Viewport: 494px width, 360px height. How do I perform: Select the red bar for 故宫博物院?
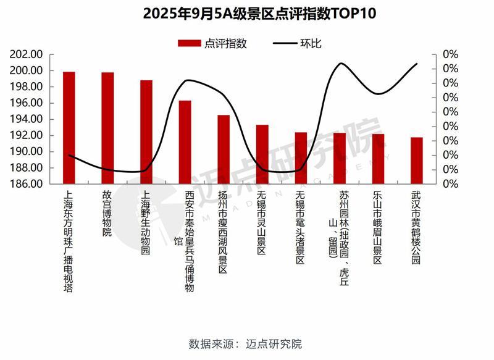pyautogui.click(x=107, y=128)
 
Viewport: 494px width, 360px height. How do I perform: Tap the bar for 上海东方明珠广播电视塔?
pyautogui.click(x=69, y=128)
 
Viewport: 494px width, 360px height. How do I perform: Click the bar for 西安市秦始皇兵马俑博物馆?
pyautogui.click(x=185, y=142)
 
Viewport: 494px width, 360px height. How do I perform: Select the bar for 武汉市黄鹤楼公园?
pyautogui.click(x=417, y=161)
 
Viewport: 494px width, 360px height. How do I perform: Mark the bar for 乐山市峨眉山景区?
pyautogui.click(x=378, y=159)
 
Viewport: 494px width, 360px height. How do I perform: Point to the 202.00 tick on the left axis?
pyautogui.click(x=27, y=54)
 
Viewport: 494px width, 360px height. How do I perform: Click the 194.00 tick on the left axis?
pyautogui.click(x=27, y=119)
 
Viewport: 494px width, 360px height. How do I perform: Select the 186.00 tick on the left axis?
pyautogui.click(x=27, y=184)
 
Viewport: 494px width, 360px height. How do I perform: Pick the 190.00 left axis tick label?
pyautogui.click(x=27, y=152)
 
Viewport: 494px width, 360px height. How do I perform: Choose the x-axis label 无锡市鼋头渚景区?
pyautogui.click(x=300, y=227)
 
